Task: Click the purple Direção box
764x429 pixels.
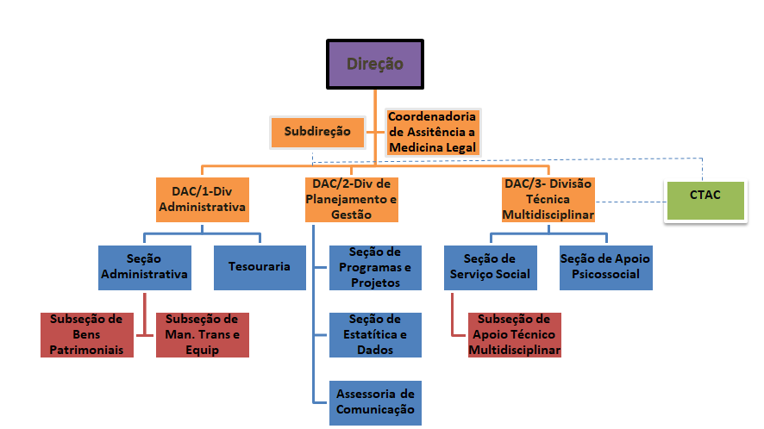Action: pyautogui.click(x=375, y=64)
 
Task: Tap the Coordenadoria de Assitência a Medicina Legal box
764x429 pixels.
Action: pyautogui.click(x=432, y=132)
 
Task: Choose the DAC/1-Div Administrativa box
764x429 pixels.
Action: pyautogui.click(x=203, y=199)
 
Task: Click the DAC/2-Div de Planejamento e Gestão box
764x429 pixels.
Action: pyautogui.click(x=351, y=199)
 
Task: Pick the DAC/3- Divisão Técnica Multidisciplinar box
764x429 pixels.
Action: pyautogui.click(x=548, y=199)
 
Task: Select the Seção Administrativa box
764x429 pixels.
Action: pyautogui.click(x=144, y=267)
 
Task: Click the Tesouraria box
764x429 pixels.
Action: pyautogui.click(x=259, y=267)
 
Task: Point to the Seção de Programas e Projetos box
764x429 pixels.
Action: pyautogui.click(x=374, y=267)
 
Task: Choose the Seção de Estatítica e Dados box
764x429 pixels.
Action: pyautogui.click(x=374, y=334)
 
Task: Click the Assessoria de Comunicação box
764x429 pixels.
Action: pyautogui.click(x=374, y=401)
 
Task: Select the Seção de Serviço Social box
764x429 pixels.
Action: pyautogui.click(x=490, y=267)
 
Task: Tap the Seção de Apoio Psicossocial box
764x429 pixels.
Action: pyautogui.click(x=604, y=267)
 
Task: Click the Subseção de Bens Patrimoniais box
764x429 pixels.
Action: pyautogui.click(x=87, y=334)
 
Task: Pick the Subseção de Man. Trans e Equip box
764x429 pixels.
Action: pyautogui.click(x=202, y=334)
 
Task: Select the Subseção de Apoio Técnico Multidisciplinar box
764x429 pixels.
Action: pyautogui.click(x=514, y=334)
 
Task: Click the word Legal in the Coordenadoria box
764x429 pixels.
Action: pyautogui.click(x=456, y=147)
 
